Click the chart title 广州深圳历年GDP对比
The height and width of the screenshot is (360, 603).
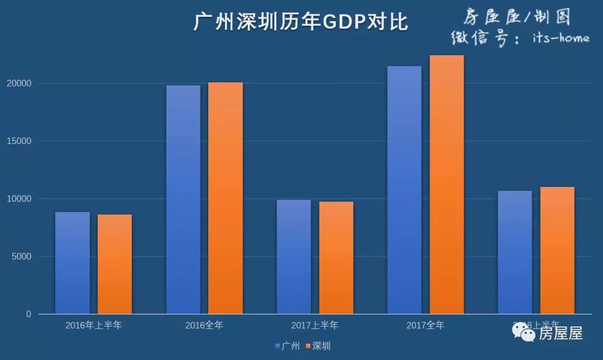point(301,22)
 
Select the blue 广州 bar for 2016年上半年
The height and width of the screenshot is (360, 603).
point(73,263)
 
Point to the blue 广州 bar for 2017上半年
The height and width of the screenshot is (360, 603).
point(294,257)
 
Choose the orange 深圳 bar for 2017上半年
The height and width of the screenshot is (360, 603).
point(336,258)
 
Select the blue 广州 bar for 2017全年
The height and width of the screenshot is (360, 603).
point(404,190)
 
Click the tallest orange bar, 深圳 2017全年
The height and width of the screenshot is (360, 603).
point(447,184)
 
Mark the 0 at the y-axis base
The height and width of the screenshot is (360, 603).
point(28,314)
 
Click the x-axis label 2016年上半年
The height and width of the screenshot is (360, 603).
point(93,325)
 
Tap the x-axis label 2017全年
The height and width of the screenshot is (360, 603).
point(425,325)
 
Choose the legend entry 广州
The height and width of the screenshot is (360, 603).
point(287,346)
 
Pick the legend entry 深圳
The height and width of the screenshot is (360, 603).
point(318,346)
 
